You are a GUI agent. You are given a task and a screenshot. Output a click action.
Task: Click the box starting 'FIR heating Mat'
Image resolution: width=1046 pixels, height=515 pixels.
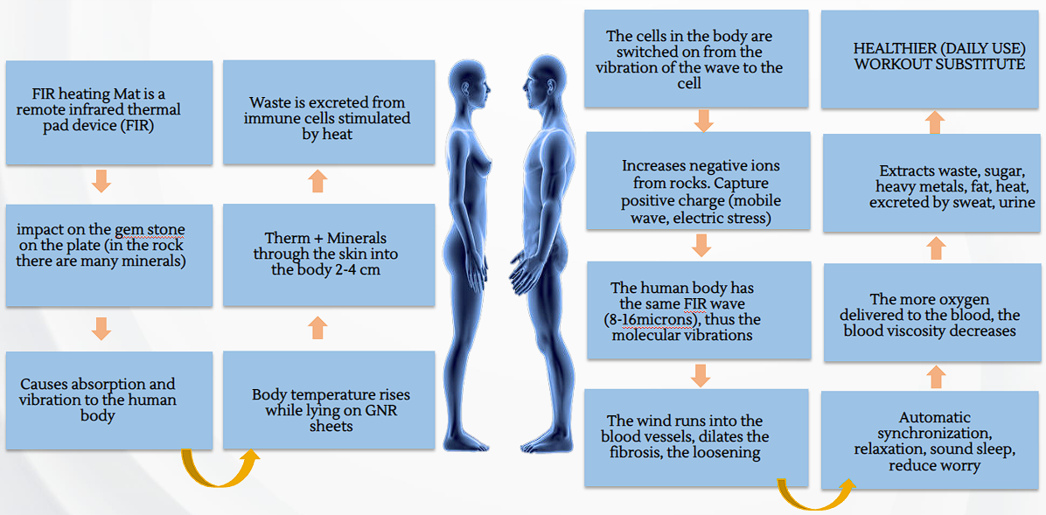108,112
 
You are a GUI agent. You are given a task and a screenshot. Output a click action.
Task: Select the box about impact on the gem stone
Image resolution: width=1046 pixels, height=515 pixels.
108,254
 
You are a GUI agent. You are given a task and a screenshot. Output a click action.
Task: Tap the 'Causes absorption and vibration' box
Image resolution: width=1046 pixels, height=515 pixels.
108,400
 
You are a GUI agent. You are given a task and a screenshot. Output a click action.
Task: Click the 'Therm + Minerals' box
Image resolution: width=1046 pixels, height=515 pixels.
329,254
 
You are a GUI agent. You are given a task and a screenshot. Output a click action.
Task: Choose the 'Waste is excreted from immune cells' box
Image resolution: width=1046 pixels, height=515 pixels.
329,112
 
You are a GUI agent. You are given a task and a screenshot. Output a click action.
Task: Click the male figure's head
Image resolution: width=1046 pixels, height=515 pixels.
535,84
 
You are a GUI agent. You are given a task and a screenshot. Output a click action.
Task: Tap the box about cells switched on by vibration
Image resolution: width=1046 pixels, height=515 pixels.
695,59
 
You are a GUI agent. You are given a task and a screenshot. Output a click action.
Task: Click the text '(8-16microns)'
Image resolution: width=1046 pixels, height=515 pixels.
653,319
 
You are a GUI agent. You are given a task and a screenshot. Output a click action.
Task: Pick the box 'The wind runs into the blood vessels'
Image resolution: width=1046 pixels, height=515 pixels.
696,437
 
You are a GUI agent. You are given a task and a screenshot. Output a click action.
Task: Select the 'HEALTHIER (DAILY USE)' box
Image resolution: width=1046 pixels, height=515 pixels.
933,59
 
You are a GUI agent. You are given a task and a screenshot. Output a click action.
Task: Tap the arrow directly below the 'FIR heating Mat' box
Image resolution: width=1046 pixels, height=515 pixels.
101,181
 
